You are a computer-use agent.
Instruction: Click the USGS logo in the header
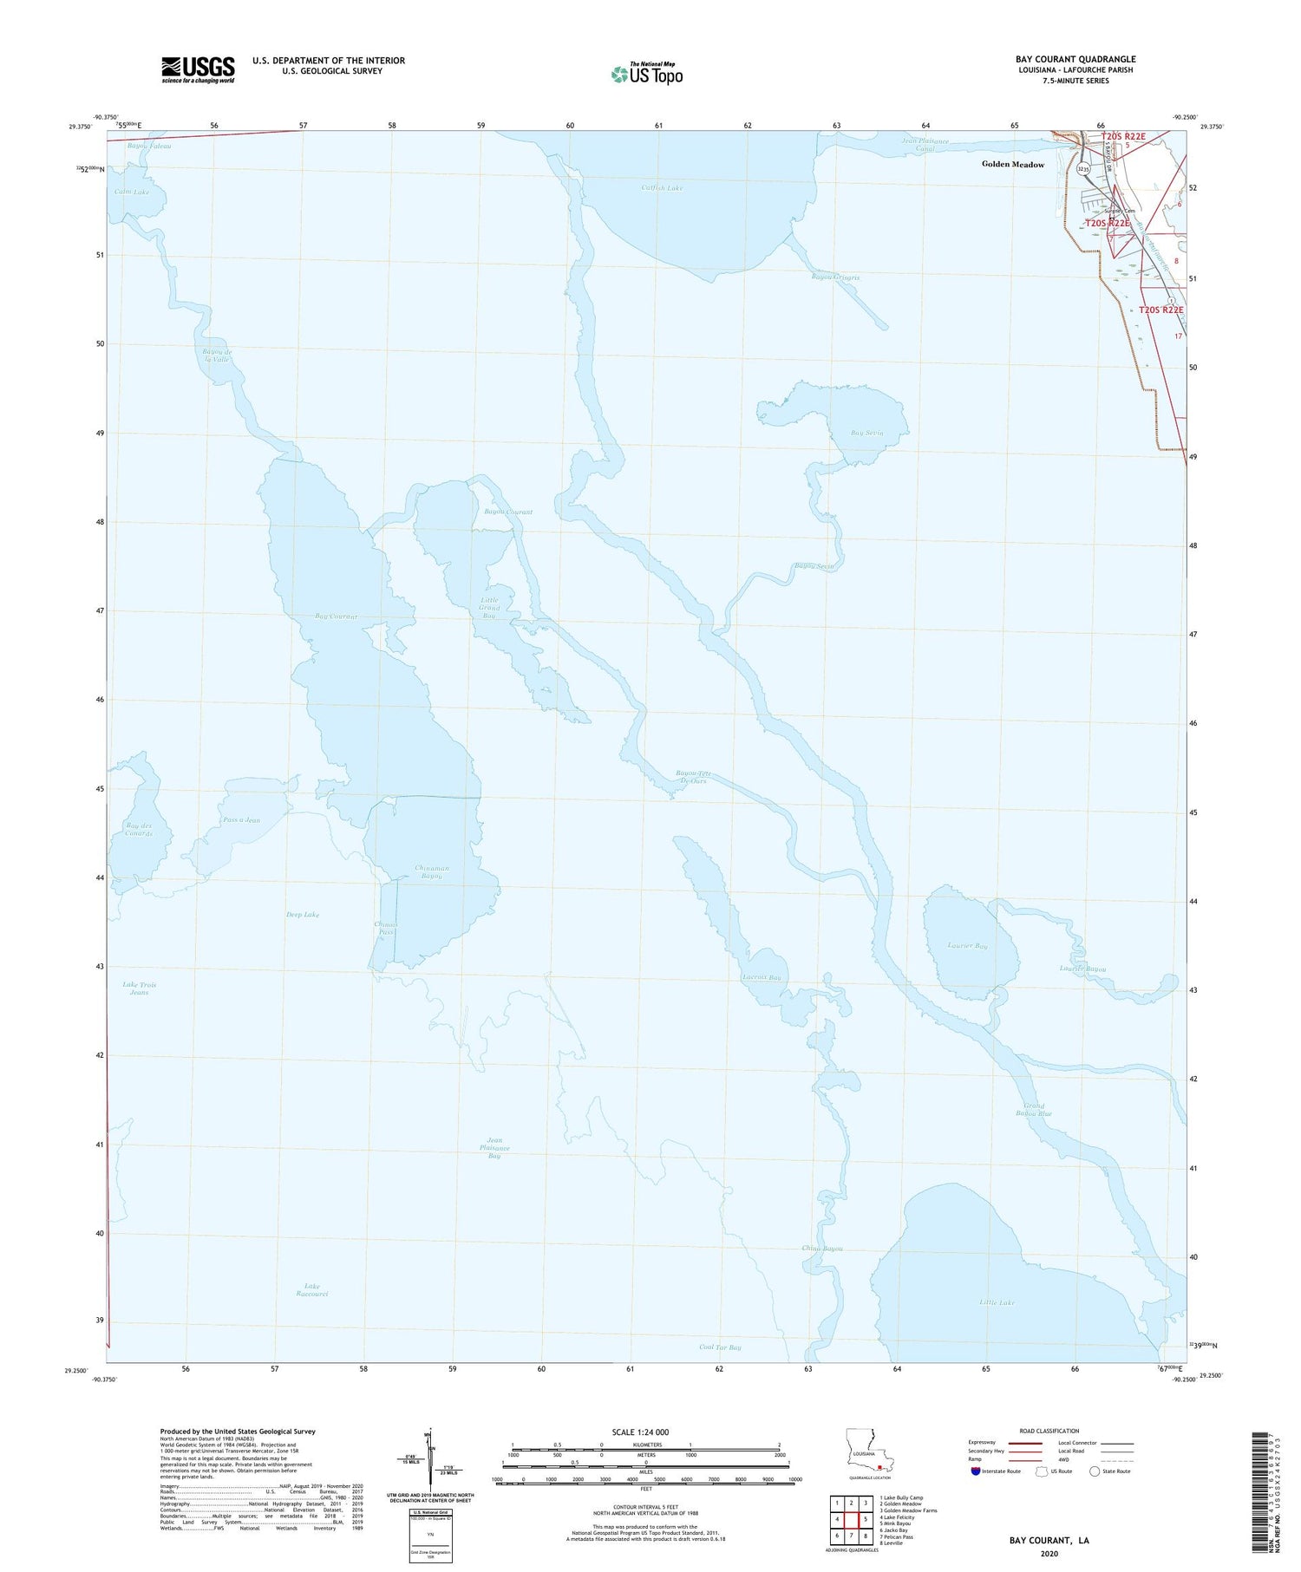(198, 69)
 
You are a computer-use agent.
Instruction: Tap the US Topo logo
(647, 74)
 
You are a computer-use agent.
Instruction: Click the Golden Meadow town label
(1012, 164)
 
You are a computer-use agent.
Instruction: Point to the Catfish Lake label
(662, 187)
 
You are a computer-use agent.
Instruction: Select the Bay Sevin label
(866, 433)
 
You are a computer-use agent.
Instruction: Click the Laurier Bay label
(967, 946)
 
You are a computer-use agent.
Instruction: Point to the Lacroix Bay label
(762, 977)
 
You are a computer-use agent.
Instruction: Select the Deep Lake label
(303, 915)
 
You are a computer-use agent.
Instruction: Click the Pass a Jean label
(241, 820)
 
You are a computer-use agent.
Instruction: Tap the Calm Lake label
(131, 192)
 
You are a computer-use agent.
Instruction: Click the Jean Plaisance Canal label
(925, 144)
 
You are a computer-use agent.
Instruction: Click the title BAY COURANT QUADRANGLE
(1075, 59)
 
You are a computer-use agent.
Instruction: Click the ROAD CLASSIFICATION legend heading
(1049, 1431)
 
